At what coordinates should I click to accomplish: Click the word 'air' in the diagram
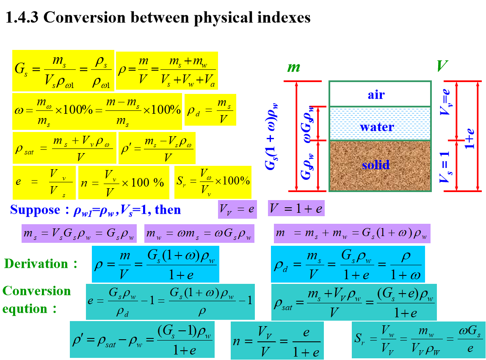pyautogui.click(x=376, y=94)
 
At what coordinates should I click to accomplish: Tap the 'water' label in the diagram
pyautogui.click(x=377, y=126)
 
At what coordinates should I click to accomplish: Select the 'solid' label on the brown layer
pyautogui.click(x=376, y=164)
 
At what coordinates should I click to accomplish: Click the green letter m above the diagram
pyautogui.click(x=293, y=67)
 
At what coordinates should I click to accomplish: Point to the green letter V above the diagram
pyautogui.click(x=442, y=66)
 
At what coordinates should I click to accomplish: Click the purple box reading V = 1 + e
pyautogui.click(x=296, y=208)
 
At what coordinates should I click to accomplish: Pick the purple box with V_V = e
pyautogui.click(x=237, y=209)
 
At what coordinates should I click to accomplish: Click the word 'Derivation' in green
pyautogui.click(x=36, y=264)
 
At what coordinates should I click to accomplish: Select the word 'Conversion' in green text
pyautogui.click(x=37, y=291)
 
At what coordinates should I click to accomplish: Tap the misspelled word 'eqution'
pyautogui.click(x=25, y=309)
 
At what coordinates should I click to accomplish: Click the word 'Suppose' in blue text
pyautogui.click(x=35, y=210)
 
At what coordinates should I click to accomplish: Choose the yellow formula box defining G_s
pyautogui.click(x=63, y=71)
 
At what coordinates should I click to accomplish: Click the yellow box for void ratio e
pyautogui.click(x=44, y=182)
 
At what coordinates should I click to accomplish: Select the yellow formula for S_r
pyautogui.click(x=213, y=182)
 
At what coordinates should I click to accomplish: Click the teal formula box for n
pyautogui.click(x=277, y=341)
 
